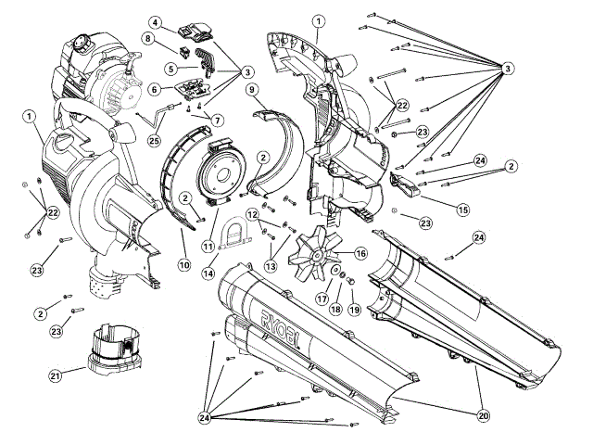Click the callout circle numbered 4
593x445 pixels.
coord(156,22)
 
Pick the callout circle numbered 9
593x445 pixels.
coord(251,90)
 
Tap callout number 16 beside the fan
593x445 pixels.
coord(360,252)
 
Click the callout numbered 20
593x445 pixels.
coord(483,416)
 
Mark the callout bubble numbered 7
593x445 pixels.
coord(218,121)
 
